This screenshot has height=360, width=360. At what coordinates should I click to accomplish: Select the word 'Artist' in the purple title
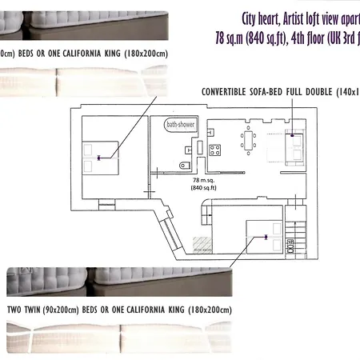click(x=298, y=18)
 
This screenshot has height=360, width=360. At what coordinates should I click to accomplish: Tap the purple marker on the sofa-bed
click(x=294, y=136)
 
